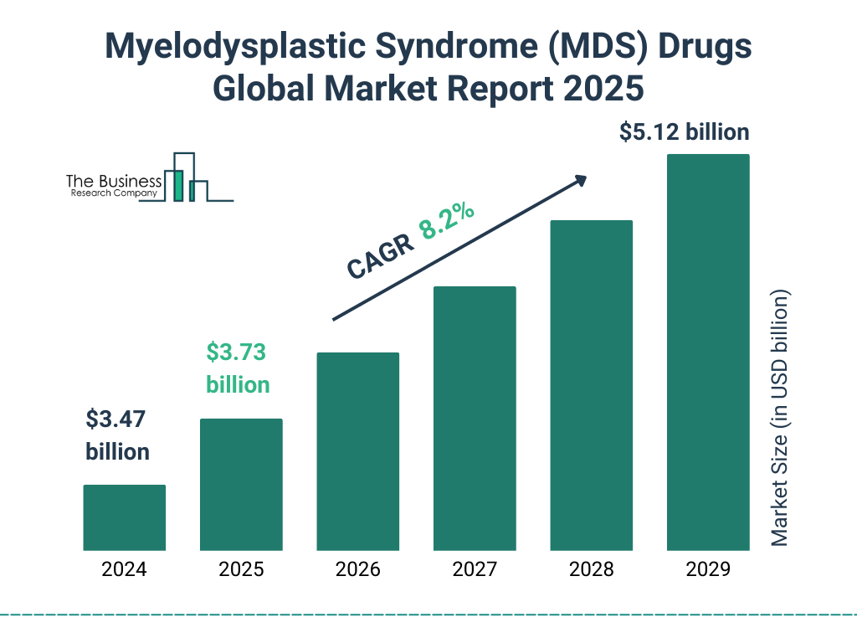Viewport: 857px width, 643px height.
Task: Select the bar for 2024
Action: coord(124,517)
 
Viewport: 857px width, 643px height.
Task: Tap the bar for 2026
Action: coord(358,451)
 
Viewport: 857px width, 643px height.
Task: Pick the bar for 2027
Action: coord(475,418)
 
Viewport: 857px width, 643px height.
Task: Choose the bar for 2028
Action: coord(591,385)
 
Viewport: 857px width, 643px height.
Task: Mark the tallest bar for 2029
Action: coord(708,352)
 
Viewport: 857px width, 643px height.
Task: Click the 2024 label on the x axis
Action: coord(124,570)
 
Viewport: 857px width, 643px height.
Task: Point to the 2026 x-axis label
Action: coord(358,570)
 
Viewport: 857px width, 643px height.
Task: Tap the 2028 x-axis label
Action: coord(591,570)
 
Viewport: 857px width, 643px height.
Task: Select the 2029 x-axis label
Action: coord(708,570)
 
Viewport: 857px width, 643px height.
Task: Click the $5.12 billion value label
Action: coord(684,132)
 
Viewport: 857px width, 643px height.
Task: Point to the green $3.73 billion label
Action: coord(238,368)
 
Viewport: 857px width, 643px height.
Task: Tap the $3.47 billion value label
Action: coord(118,435)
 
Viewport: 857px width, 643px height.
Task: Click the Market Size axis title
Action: coord(780,418)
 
